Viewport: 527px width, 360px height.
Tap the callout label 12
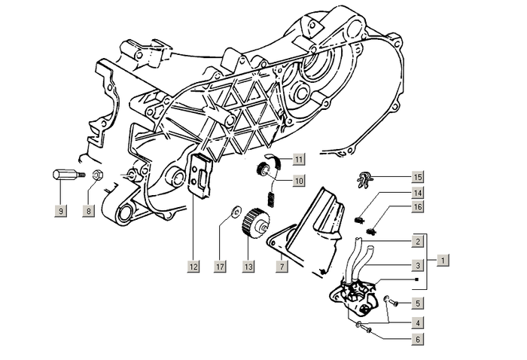tap(193, 266)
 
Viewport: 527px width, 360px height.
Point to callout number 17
tap(220, 266)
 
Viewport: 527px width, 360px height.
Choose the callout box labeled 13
tap(247, 266)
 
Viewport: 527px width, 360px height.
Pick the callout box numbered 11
tap(299, 159)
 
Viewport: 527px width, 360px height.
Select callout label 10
tap(299, 181)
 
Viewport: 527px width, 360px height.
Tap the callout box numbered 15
tap(417, 178)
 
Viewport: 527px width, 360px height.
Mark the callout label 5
tap(417, 304)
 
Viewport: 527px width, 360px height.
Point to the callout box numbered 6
tap(417, 339)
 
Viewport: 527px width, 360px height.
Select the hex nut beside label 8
tap(97, 177)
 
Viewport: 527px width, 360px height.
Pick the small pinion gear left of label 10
tap(265, 171)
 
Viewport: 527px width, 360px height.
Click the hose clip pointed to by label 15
tap(365, 179)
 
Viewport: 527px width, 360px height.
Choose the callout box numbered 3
tap(417, 266)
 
